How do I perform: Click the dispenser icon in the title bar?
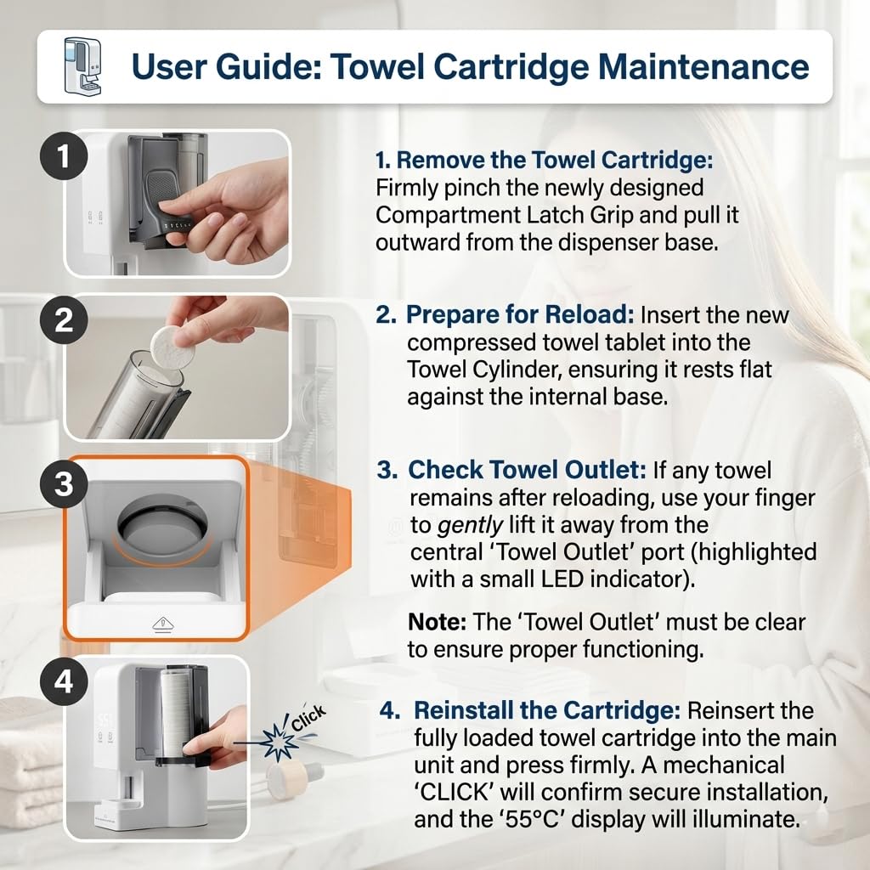(82, 66)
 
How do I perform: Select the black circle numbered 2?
(64, 320)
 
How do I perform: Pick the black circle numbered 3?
(64, 483)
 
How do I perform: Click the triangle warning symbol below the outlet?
(163, 624)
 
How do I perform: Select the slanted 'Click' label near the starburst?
(308, 719)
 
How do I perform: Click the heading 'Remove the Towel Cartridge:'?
(545, 161)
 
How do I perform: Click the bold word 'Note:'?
(438, 623)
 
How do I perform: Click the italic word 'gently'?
(471, 525)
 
